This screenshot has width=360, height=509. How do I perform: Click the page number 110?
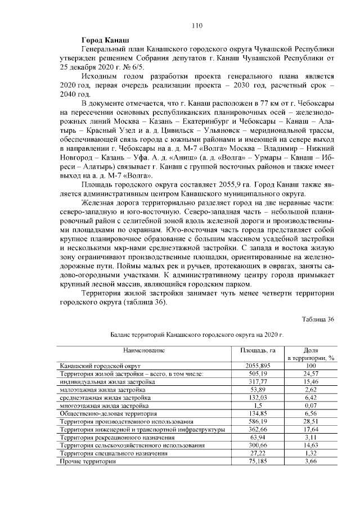196,25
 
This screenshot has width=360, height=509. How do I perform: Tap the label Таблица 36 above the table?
318,319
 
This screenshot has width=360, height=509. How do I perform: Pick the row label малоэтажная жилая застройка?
103,389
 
